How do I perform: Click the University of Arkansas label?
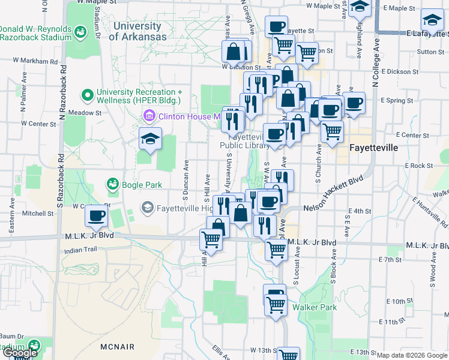[x=138, y=31]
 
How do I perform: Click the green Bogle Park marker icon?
[x=112, y=184]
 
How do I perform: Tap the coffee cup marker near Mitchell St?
[x=96, y=216]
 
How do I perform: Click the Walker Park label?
[x=315, y=307]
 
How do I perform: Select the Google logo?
[x=19, y=353]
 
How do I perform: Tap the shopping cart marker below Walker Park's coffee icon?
[x=275, y=305]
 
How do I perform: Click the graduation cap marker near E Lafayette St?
[x=432, y=22]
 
